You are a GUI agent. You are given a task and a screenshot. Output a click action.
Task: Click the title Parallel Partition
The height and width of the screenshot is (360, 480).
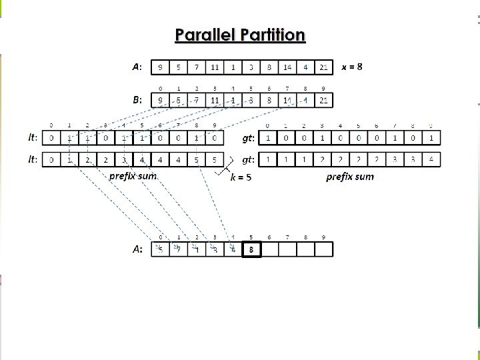point(240,35)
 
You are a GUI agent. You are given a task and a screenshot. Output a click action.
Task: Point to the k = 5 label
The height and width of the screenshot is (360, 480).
point(240,177)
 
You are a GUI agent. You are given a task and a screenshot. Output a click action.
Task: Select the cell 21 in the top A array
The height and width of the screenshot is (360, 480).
point(323,67)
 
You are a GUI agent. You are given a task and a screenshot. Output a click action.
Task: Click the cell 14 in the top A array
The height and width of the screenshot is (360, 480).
point(287,67)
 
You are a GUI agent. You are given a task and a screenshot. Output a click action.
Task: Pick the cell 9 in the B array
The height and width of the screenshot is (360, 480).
point(160,101)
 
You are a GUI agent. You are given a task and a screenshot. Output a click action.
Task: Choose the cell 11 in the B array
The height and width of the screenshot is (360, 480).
point(215,101)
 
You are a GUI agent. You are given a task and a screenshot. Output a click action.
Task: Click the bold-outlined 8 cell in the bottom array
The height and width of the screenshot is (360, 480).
point(251,250)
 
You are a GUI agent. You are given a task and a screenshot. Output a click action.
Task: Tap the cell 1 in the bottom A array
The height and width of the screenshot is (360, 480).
point(197,250)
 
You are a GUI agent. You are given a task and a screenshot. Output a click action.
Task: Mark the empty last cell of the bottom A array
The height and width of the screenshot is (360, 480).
point(323,250)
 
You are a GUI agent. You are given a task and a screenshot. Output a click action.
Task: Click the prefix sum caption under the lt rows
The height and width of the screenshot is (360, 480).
point(133,177)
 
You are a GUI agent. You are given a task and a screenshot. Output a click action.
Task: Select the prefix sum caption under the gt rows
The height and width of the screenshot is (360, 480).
point(350,177)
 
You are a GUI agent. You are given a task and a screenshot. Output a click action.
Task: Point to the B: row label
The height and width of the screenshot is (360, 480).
point(137,101)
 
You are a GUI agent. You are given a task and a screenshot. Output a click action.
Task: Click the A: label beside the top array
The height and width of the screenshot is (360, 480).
point(137,67)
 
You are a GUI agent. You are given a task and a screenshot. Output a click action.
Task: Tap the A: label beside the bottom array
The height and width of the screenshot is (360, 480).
point(137,250)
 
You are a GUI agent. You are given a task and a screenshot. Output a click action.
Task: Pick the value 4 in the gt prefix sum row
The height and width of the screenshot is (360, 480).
point(431,160)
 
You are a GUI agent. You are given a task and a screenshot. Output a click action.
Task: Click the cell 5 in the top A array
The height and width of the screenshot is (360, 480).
point(178,67)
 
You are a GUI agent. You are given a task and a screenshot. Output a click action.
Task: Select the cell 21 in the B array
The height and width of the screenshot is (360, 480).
point(323,101)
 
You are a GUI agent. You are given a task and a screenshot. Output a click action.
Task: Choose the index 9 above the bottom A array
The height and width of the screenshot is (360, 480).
point(323,237)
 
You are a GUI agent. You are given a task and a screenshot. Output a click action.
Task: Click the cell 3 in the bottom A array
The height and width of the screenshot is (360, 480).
point(215,250)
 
